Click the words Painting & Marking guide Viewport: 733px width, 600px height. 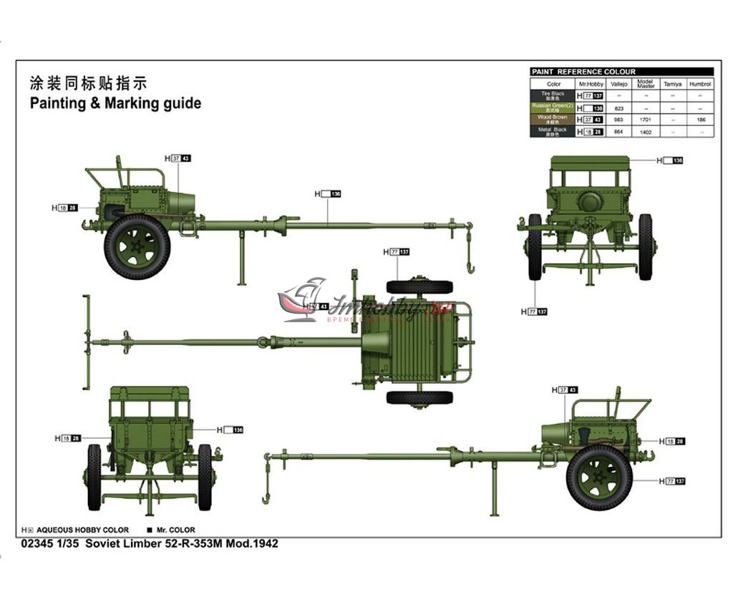point(115,103)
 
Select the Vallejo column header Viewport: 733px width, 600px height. point(618,84)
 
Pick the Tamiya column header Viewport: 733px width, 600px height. point(672,84)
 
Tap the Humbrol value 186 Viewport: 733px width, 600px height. point(701,120)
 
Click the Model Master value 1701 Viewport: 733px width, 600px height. point(645,120)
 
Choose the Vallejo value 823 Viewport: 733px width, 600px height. point(618,108)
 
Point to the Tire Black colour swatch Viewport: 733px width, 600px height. point(553,95)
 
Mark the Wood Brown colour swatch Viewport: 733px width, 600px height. point(553,120)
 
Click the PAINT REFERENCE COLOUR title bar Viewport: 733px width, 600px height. point(622,72)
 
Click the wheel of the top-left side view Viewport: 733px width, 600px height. point(137,246)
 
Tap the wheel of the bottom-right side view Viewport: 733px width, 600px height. point(599,478)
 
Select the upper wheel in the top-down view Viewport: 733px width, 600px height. point(419,287)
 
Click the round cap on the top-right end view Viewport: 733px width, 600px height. point(590,202)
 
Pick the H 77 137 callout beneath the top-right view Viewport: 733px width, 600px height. point(534,311)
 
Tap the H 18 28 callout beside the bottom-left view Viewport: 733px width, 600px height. point(67,437)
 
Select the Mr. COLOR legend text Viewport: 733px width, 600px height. point(175,530)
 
